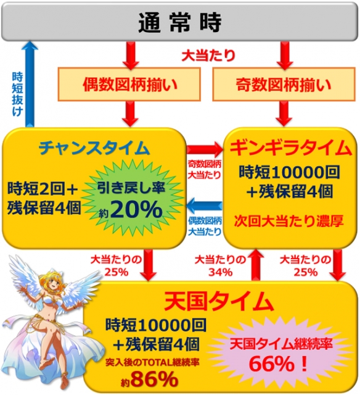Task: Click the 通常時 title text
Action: point(180,22)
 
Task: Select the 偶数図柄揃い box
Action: point(129,85)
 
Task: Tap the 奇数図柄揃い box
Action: point(284,85)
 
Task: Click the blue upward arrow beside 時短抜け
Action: point(30,84)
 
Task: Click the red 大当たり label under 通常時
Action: point(208,55)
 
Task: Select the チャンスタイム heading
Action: point(94,148)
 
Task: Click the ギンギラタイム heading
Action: point(290,148)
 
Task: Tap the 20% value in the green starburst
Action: point(136,209)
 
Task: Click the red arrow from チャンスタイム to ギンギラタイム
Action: point(205,149)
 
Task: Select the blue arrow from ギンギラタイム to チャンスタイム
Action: point(205,206)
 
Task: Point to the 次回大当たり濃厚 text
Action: point(289,222)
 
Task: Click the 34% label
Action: point(221,272)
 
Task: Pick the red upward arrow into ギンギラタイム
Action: point(256,265)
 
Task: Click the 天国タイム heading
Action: point(218,301)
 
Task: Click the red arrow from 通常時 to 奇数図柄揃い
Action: point(285,55)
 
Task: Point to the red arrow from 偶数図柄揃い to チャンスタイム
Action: point(130,114)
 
